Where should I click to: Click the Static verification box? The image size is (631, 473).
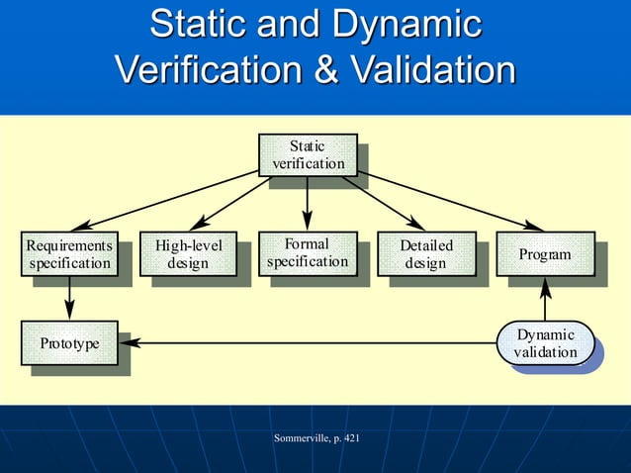coord(308,154)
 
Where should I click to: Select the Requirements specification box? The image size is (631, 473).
coord(69,253)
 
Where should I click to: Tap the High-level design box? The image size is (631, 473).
coord(189,253)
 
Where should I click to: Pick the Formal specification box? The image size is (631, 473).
coord(308,252)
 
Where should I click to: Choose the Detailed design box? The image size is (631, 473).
coord(426,253)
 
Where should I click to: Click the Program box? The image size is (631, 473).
coord(545,254)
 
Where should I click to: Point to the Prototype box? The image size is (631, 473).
coord(69,343)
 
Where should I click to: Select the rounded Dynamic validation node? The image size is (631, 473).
coord(545,343)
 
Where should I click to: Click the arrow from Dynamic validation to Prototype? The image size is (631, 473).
coord(307,343)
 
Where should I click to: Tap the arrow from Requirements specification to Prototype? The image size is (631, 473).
coord(69,297)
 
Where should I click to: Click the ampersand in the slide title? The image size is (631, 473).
coord(338,70)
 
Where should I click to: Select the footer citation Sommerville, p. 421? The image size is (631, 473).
coord(315,436)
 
